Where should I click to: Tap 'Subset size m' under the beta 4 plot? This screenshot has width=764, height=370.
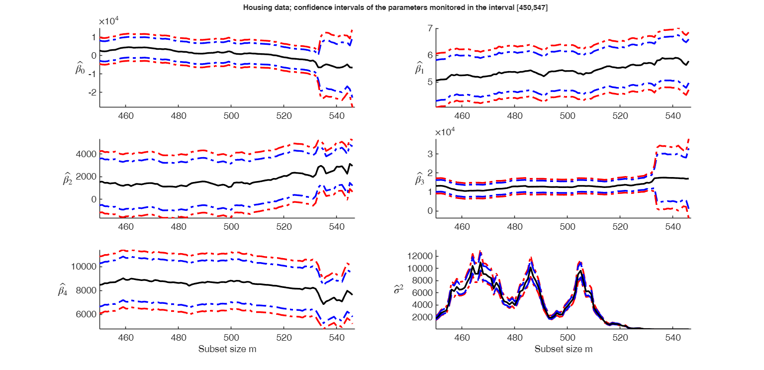(227, 349)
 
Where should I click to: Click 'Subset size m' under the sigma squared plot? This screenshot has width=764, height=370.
(564, 349)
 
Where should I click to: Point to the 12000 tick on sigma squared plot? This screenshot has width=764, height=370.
(421, 256)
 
